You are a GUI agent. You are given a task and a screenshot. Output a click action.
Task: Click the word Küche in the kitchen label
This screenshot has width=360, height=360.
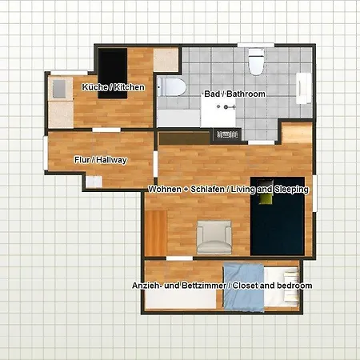point(94,86)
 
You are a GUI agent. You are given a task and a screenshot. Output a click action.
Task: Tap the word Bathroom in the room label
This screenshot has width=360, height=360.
point(246,94)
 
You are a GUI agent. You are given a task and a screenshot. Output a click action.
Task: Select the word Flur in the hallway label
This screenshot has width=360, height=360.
point(81,160)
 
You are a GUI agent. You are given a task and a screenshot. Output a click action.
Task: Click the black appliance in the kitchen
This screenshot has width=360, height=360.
point(113,72)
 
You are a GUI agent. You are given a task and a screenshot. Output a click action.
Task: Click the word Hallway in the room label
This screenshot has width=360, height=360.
point(113,160)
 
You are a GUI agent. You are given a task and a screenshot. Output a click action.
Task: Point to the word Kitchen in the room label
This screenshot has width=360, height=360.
point(130,86)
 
